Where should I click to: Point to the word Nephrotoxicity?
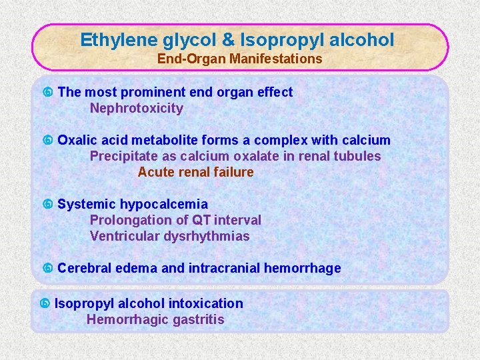(x=136, y=108)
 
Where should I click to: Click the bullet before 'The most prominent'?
(x=47, y=93)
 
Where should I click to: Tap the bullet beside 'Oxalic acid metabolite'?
(x=47, y=141)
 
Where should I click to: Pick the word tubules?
(x=358, y=156)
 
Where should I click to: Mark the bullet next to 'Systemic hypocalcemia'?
(x=47, y=205)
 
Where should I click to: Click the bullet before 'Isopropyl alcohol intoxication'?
(x=44, y=304)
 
